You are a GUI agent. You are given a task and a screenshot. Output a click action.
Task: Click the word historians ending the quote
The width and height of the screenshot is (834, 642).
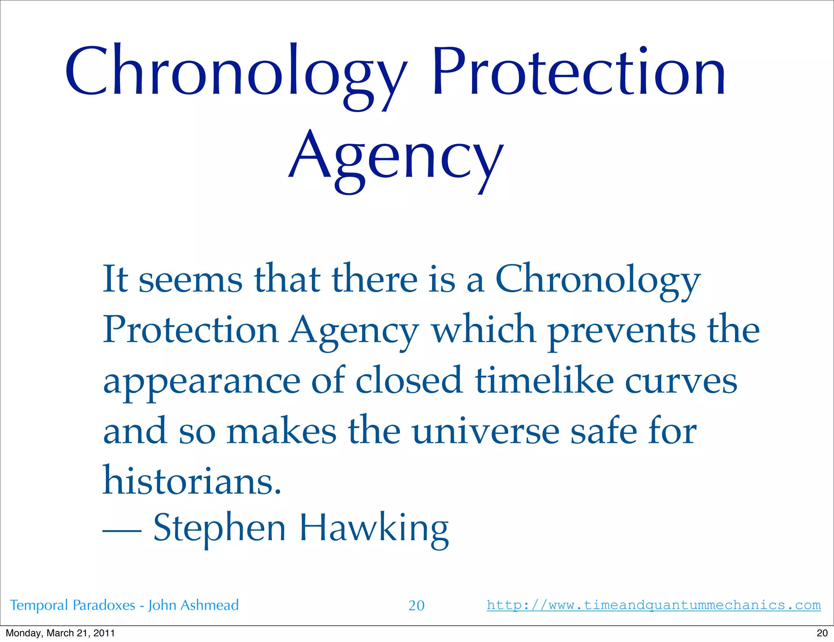(x=191, y=481)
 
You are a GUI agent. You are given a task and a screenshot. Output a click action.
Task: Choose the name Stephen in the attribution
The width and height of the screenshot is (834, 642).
(x=219, y=528)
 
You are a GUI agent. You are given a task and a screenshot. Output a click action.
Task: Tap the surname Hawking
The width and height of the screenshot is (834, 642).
(x=374, y=528)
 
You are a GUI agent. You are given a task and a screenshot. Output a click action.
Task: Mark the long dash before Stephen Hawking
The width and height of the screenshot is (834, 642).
(x=121, y=530)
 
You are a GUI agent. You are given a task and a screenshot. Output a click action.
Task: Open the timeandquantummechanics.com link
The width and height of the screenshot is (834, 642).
(x=654, y=605)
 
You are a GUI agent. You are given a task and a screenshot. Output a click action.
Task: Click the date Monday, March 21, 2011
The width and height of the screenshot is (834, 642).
(x=60, y=633)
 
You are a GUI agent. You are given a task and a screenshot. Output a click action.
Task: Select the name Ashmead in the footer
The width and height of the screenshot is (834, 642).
(x=209, y=605)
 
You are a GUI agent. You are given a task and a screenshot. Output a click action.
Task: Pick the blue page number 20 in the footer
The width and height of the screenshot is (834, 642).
(x=416, y=605)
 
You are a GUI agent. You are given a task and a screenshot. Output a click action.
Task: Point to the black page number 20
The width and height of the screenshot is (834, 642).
(x=822, y=633)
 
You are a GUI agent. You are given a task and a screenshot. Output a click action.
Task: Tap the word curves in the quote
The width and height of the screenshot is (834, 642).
(x=681, y=381)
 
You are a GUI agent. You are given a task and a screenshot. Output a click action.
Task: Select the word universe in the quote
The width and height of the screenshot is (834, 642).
(x=485, y=431)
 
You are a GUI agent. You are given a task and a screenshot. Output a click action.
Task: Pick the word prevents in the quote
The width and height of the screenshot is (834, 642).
(x=621, y=331)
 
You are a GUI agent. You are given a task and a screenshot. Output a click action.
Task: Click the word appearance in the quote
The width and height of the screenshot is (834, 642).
(x=202, y=383)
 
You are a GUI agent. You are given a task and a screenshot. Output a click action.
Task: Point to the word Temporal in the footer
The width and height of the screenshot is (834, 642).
(x=39, y=605)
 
